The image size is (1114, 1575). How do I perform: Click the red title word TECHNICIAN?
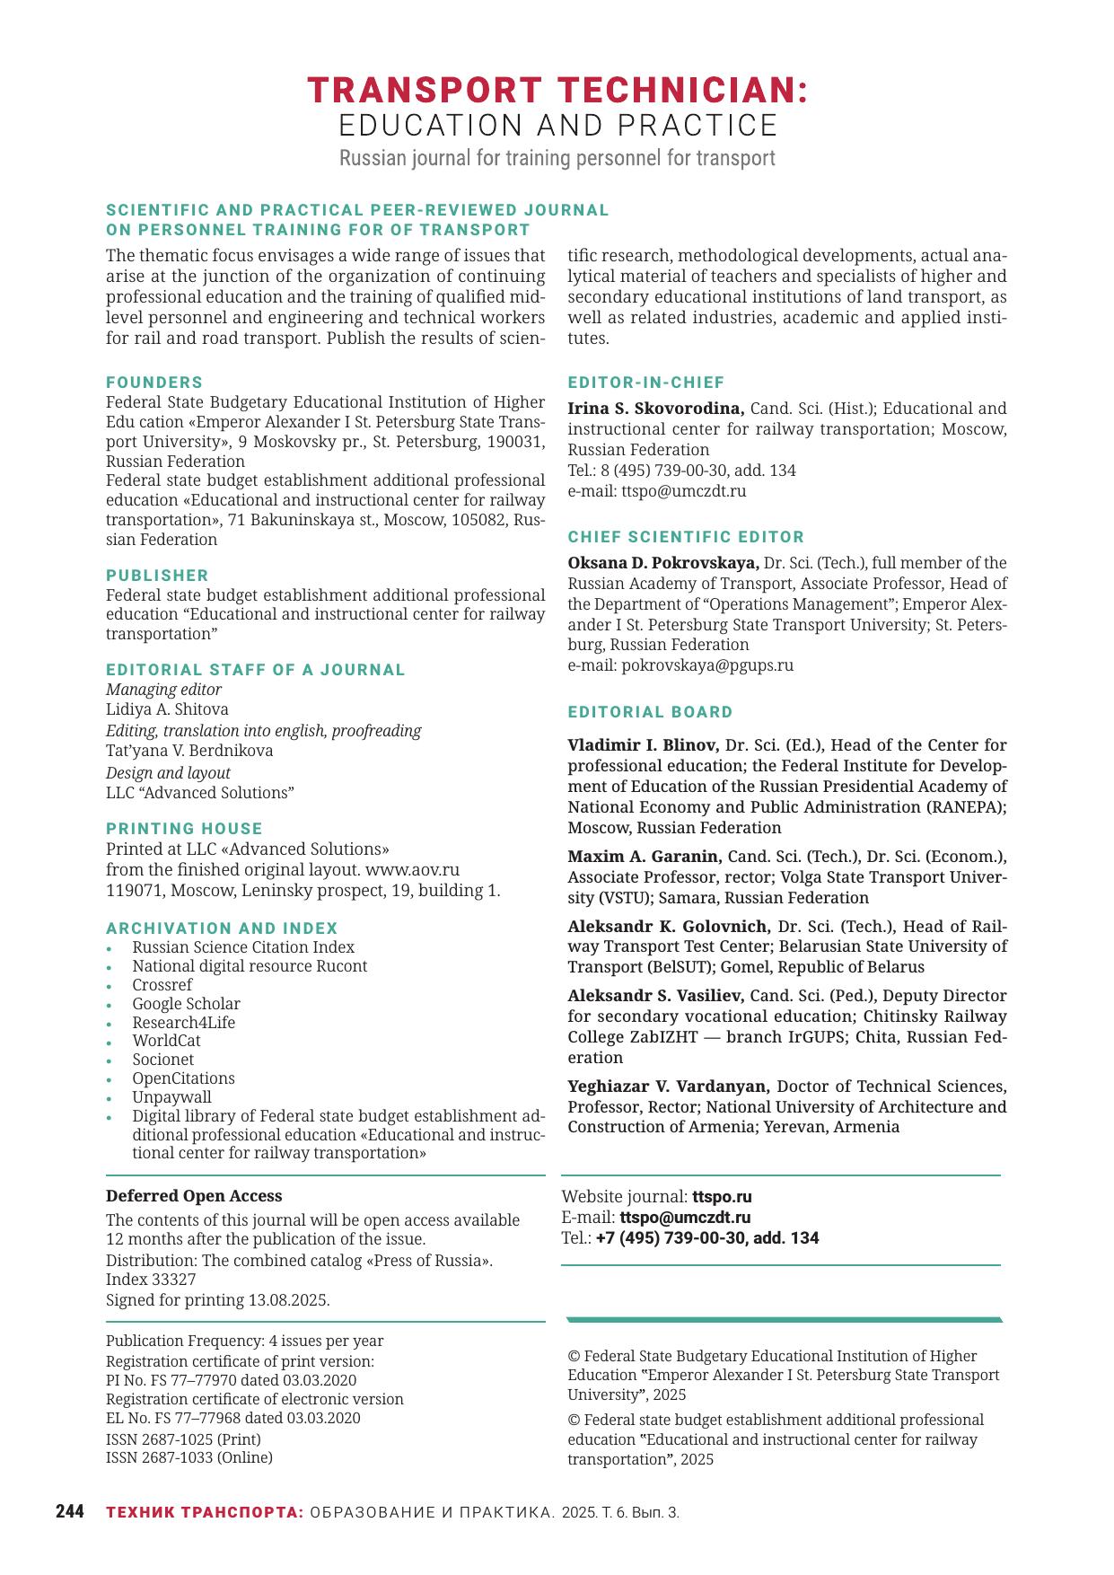682,91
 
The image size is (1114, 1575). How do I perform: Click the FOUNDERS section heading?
154,383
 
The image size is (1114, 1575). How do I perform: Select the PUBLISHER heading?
157,576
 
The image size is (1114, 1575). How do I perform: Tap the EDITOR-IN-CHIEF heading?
645,383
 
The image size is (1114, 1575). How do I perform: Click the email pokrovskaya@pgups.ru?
706,665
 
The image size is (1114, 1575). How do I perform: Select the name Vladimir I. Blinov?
643,745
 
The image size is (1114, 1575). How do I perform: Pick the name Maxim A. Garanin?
644,857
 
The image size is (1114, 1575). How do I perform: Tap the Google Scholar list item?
186,1004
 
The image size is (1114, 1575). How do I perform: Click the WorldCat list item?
166,1041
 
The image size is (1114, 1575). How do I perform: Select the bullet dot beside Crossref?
110,986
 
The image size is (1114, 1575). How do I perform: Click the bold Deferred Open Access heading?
194,1196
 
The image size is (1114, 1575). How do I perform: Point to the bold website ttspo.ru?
722,1197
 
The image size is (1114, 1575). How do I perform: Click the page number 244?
70,1512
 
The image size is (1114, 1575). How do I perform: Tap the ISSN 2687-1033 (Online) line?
189,1457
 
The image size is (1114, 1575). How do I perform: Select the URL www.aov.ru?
412,869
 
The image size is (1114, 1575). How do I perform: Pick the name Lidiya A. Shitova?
167,709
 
